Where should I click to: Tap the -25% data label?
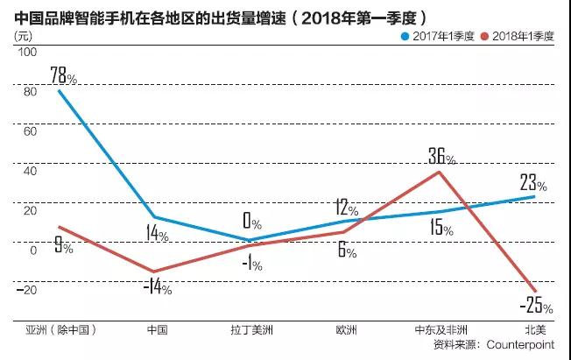point(535,306)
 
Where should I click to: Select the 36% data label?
point(441,157)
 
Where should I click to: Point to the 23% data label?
point(532,183)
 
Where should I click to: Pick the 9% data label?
point(63,247)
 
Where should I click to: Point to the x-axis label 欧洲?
point(346,330)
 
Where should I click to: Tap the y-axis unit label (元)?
point(25,36)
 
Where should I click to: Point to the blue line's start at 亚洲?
point(59,91)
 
